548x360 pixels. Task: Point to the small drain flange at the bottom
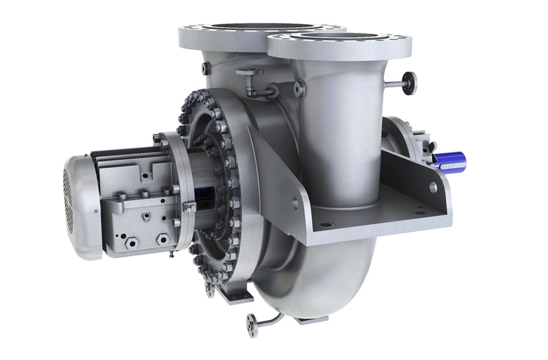pyautogui.click(x=252, y=325)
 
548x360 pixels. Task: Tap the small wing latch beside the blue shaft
pyautogui.click(x=431, y=143)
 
